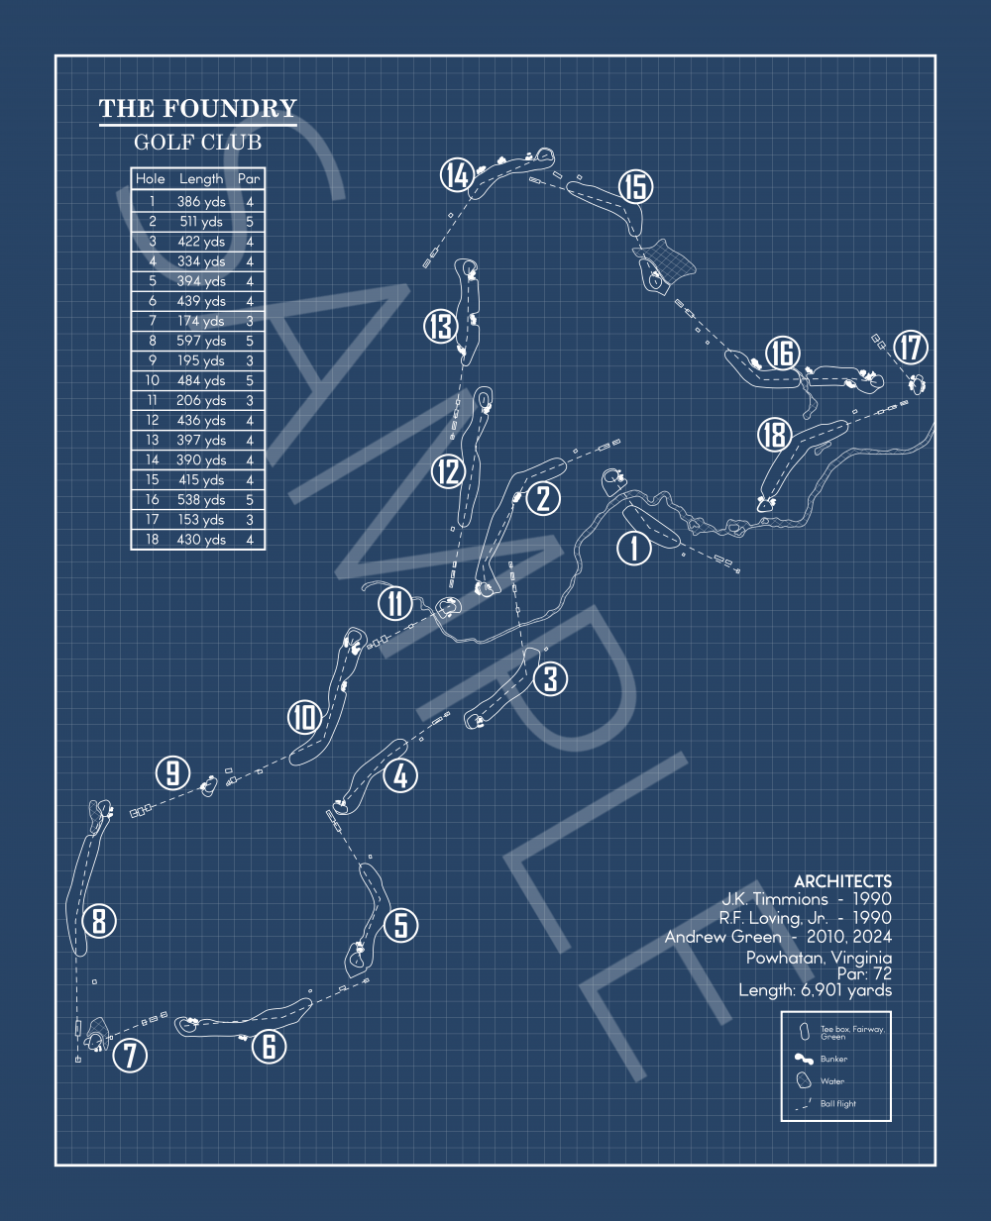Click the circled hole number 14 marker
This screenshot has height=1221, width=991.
pos(457,176)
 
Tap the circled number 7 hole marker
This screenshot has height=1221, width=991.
pos(130,1055)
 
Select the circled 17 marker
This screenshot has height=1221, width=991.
pos(911,348)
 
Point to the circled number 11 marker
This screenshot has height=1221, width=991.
pos(395,603)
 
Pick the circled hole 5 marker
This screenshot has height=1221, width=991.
pos(400,925)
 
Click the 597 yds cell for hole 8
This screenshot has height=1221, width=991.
pos(201,341)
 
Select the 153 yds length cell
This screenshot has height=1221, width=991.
pos(201,520)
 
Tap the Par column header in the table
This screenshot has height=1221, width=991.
pos(249,179)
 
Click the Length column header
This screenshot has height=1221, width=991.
pos(201,179)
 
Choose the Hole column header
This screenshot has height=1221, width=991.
pos(151,179)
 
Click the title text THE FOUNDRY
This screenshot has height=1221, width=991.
pos(197,109)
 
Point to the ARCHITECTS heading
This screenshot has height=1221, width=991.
pos(842,881)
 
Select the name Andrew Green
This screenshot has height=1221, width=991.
pos(722,937)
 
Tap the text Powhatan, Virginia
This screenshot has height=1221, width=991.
pos(819,958)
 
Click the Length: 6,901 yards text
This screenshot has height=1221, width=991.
pos(815,990)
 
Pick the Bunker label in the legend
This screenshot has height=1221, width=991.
pos(833,1059)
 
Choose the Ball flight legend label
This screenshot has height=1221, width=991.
pos(837,1103)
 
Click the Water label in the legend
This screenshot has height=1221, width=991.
pos(831,1081)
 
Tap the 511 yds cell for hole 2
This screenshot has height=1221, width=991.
pos(201,222)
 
